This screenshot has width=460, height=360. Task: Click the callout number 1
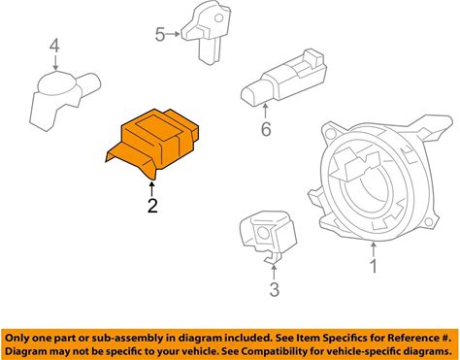374,266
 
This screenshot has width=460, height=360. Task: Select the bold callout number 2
152,206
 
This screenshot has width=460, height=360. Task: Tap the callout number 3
274,289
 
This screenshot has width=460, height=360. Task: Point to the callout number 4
54,46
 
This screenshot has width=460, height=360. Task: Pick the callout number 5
160,34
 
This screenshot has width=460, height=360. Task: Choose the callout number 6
266,129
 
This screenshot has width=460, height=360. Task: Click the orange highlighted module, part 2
152,143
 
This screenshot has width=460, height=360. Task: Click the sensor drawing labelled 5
206,32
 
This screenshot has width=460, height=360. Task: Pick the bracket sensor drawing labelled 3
268,237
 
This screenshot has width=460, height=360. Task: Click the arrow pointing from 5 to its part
173,34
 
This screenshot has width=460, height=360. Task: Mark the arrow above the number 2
151,189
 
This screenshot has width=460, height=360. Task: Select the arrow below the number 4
56,62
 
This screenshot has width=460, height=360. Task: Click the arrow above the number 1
374,250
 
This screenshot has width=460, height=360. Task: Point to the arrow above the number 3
274,273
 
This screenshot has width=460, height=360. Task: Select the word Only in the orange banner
16,339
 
